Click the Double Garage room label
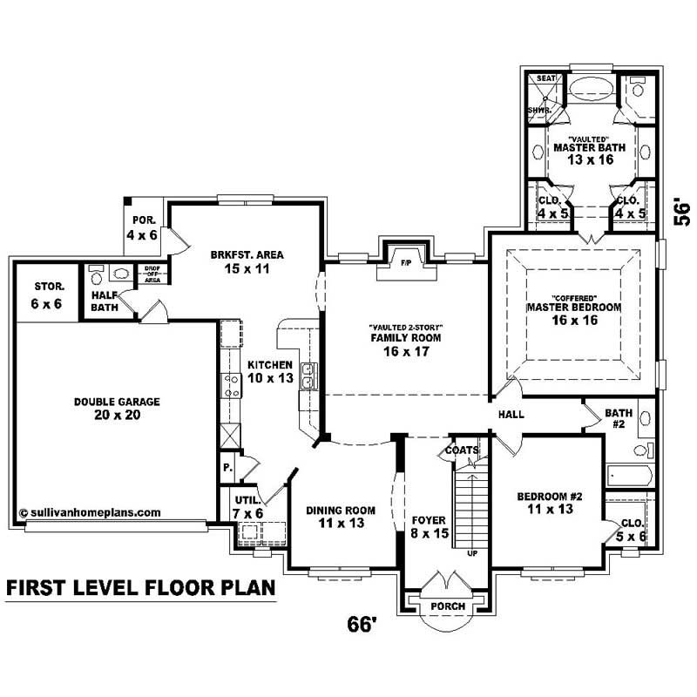[105, 402]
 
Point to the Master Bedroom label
[573, 308]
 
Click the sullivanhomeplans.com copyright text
[89, 512]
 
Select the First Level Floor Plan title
[140, 589]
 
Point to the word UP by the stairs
[472, 553]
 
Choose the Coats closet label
[462, 450]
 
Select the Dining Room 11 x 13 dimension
[340, 524]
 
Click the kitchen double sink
[308, 376]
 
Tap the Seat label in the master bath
[545, 78]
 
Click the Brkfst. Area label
[247, 255]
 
